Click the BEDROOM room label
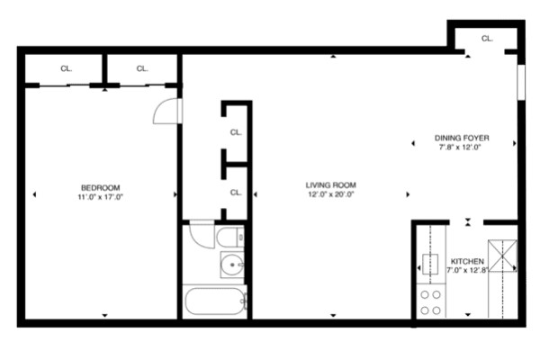(x=100, y=188)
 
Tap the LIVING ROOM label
(x=330, y=185)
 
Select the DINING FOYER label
(x=462, y=138)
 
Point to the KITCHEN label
(x=467, y=262)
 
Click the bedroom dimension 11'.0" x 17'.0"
(x=100, y=197)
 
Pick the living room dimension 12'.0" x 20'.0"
(x=330, y=194)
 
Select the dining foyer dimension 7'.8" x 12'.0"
(x=460, y=148)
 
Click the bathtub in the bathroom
(x=214, y=301)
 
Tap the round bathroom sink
(x=232, y=265)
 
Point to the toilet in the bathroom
(x=230, y=237)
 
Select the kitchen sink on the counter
(x=430, y=264)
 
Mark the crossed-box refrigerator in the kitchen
(x=503, y=256)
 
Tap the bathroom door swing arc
(x=202, y=236)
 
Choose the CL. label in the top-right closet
(x=487, y=39)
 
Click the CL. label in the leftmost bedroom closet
(x=66, y=68)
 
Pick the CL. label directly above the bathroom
(x=236, y=193)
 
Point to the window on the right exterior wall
(x=521, y=82)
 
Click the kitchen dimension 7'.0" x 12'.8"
(x=467, y=270)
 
